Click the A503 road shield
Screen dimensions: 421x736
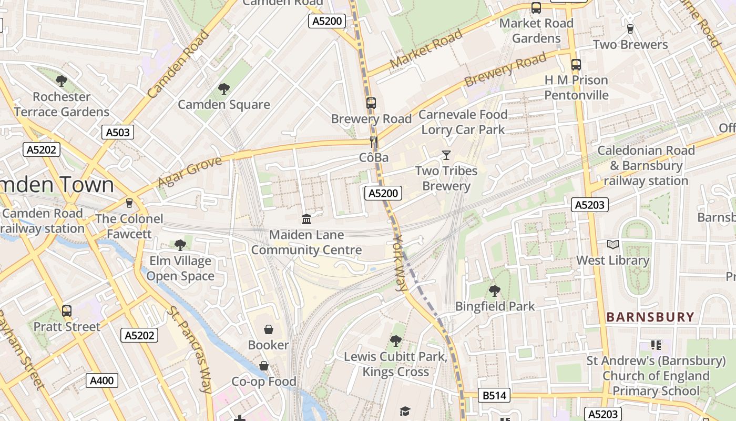(x=118, y=132)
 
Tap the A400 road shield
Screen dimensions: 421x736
(x=102, y=380)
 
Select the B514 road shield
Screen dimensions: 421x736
(x=494, y=396)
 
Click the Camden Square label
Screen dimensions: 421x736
(x=224, y=104)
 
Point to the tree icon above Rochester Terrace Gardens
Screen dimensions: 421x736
(x=62, y=81)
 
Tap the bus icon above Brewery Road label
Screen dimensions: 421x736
(x=371, y=103)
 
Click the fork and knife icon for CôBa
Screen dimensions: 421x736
(x=374, y=142)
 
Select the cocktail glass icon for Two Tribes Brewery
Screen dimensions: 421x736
(x=446, y=155)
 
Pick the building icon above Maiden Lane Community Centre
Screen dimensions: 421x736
(x=306, y=219)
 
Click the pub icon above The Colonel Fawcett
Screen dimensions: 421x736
(x=129, y=203)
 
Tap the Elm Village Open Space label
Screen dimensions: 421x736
(x=180, y=268)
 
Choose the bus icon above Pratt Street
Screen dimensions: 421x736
(x=67, y=311)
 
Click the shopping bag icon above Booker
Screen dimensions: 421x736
(x=269, y=330)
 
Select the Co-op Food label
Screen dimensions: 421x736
(x=264, y=381)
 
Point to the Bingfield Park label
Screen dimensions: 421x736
(x=495, y=306)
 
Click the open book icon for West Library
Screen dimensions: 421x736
(x=613, y=245)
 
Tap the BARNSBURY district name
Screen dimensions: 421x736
(x=650, y=317)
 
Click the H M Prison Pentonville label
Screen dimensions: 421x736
(x=576, y=87)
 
